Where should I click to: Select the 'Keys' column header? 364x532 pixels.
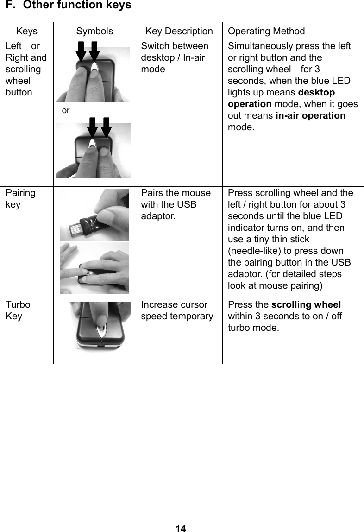(27, 32)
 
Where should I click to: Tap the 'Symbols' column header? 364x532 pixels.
(94, 32)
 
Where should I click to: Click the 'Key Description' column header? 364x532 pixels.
(179, 32)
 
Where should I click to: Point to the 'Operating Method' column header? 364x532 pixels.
(266, 32)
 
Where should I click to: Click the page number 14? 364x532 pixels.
(181, 528)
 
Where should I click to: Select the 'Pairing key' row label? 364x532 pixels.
(20, 198)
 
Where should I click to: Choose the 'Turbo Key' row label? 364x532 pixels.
(19, 310)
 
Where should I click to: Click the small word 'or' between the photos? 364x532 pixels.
(66, 111)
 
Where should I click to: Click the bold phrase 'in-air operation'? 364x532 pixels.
(310, 115)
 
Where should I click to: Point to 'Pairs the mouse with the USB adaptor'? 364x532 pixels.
(176, 204)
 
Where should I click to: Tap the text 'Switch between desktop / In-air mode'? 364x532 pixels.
(175, 58)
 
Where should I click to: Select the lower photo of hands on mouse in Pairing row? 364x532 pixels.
(94, 268)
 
